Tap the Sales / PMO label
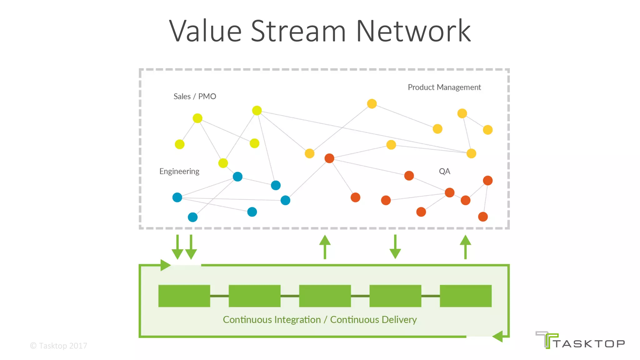195,96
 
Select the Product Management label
444,87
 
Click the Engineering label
179,171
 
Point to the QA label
444,171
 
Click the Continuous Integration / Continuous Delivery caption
320,320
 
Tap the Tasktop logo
580,340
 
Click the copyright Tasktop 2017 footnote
58,346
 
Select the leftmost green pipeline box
184,296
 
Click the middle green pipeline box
325,296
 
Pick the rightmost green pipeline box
466,296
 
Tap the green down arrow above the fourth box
395,247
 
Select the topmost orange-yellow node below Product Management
372,103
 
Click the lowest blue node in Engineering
192,217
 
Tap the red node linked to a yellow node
329,158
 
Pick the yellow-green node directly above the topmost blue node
223,163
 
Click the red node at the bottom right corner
483,217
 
